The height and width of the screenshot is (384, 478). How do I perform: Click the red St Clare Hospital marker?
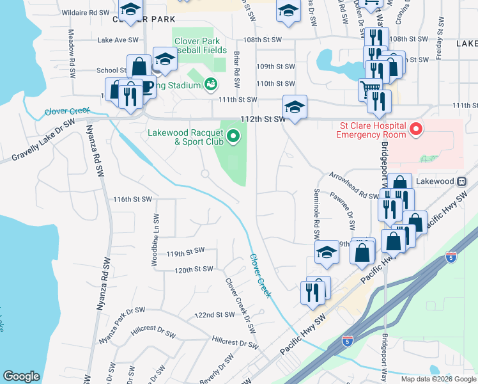click(x=416, y=130)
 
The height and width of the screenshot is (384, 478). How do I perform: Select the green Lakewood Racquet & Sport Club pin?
click(x=234, y=135)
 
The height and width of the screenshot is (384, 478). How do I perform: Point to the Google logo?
click(x=21, y=376)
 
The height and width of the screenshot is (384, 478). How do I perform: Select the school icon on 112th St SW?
click(x=295, y=106)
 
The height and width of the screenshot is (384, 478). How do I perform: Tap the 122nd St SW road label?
click(x=215, y=315)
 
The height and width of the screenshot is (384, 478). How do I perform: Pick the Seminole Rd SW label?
click(x=316, y=211)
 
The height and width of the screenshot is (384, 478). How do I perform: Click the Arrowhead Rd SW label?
click(x=354, y=186)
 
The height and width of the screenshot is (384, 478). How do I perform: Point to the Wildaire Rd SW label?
click(x=87, y=12)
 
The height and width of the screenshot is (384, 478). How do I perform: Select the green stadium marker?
click(x=211, y=84)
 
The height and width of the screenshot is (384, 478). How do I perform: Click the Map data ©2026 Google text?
click(x=438, y=379)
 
